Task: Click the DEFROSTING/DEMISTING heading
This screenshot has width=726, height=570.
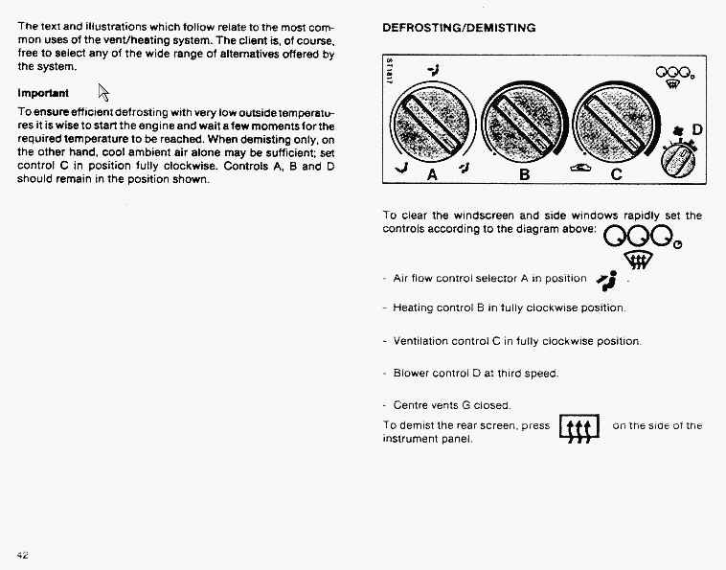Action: (x=459, y=28)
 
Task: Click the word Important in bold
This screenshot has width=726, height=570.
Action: (x=43, y=94)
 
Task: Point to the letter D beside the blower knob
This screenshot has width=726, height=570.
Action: (x=696, y=129)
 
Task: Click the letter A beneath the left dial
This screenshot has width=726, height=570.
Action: (x=432, y=175)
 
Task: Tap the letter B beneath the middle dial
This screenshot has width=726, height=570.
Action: (x=524, y=175)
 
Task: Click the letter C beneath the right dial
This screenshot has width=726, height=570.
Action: (x=616, y=175)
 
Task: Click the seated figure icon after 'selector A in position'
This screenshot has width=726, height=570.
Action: (x=605, y=279)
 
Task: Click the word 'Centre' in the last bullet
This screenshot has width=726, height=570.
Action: (x=411, y=404)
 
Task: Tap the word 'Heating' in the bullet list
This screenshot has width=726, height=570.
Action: (x=414, y=308)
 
